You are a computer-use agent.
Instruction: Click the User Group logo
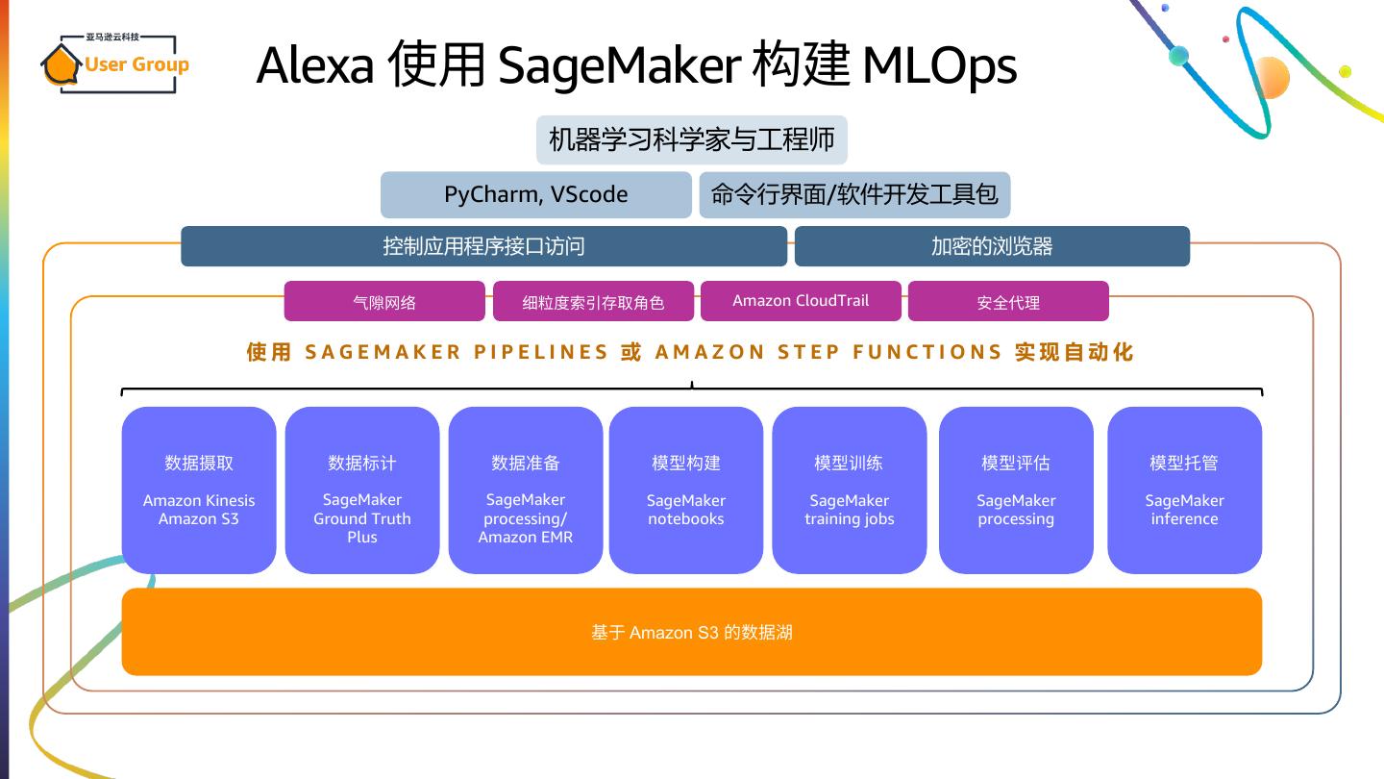(x=115, y=63)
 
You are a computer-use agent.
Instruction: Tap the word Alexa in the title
(x=315, y=65)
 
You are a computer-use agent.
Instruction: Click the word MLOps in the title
(x=939, y=66)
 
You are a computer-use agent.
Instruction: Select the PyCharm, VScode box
(x=535, y=194)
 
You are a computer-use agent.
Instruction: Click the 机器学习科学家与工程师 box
(x=691, y=139)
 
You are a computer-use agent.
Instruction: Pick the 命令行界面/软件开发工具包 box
(x=854, y=194)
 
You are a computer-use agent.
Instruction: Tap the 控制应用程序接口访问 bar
(x=483, y=246)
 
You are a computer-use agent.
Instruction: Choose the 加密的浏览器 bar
(x=992, y=246)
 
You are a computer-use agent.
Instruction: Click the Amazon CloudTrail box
(x=801, y=301)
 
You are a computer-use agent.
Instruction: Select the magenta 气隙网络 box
(x=384, y=301)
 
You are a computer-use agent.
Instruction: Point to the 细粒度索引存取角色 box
(x=593, y=301)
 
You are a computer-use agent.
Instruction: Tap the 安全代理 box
(x=1008, y=301)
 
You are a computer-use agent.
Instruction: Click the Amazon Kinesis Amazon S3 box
(x=199, y=490)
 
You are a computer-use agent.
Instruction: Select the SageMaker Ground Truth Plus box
(x=362, y=490)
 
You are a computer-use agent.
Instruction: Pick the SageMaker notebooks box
(x=686, y=490)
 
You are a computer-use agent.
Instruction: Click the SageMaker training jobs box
(x=849, y=490)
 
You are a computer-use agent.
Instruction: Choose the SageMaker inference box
(x=1184, y=490)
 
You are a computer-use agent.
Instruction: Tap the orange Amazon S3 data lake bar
(x=691, y=632)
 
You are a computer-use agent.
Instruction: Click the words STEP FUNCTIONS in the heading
(x=890, y=352)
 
